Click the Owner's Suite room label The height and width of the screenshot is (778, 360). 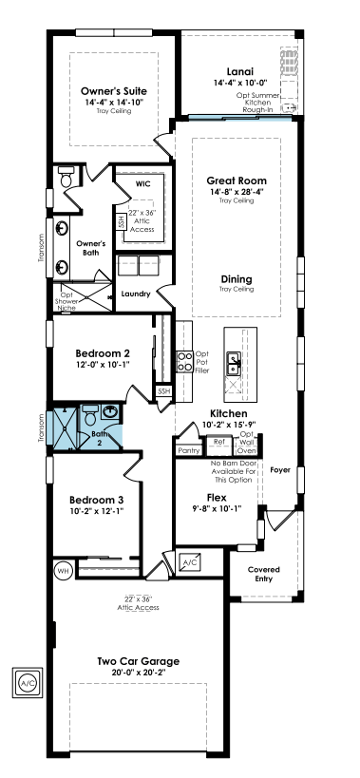click(x=114, y=91)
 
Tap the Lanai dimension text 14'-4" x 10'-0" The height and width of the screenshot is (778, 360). click(x=240, y=84)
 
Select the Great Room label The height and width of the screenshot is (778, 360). click(x=237, y=180)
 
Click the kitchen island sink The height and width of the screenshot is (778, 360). click(x=233, y=364)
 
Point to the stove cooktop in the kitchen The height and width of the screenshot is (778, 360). click(x=185, y=361)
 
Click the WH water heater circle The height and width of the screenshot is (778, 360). click(x=63, y=571)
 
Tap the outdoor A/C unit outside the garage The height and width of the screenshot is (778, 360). click(x=28, y=683)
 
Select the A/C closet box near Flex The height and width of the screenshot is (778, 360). click(x=189, y=562)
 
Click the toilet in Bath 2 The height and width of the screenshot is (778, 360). click(x=90, y=415)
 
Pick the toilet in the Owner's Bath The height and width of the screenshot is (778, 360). click(x=66, y=177)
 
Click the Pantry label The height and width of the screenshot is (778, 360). click(x=188, y=450)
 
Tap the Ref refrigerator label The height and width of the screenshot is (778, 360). click(x=218, y=441)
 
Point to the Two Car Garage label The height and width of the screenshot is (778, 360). click(x=138, y=661)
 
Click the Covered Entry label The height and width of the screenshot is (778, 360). click(x=264, y=574)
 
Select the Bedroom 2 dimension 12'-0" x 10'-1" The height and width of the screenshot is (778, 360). click(x=103, y=364)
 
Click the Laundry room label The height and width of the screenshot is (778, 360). click(x=136, y=294)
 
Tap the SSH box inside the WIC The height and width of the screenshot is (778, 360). click(x=120, y=221)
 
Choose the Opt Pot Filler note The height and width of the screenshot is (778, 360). click(x=202, y=362)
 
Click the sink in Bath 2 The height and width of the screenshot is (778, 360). click(x=110, y=411)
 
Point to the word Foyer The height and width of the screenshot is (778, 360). click(x=280, y=470)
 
